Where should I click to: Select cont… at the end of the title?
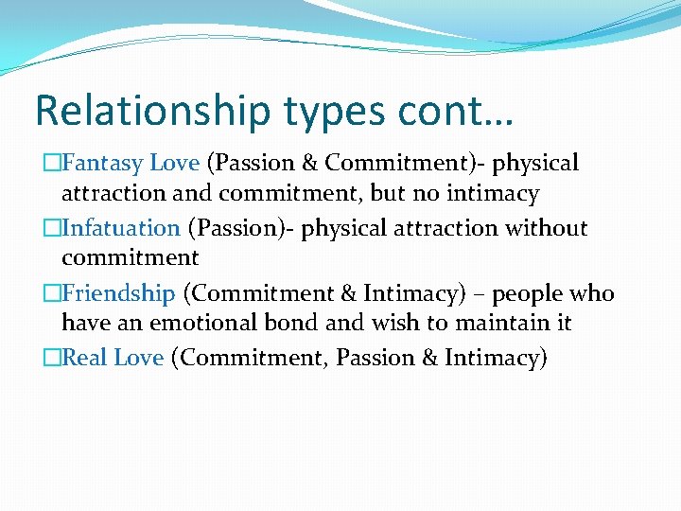point(455,111)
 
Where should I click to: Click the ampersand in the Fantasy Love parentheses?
point(310,163)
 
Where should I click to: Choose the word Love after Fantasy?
point(174,163)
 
